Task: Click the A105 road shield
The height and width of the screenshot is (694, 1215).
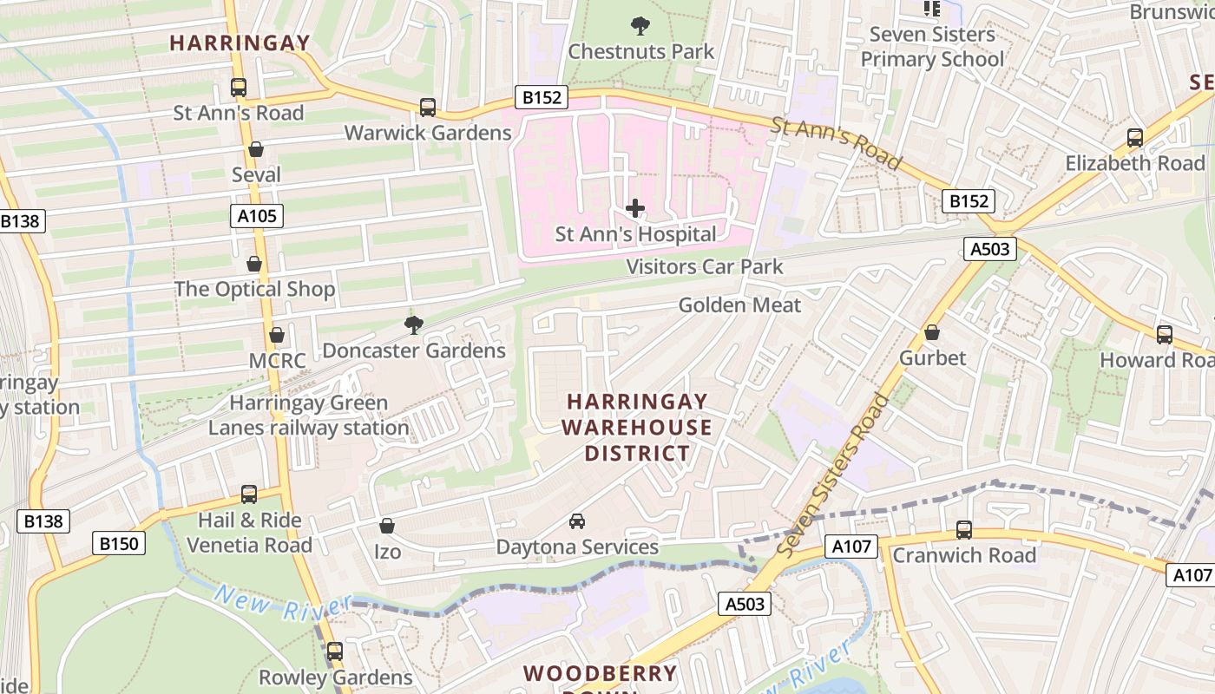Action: coord(258,216)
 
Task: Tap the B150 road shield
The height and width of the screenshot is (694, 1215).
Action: coord(119,544)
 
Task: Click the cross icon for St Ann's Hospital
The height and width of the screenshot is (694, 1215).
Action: coord(635,208)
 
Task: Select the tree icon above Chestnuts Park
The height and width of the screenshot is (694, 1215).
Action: coord(640,26)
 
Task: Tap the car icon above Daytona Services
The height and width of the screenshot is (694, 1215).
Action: coord(576,521)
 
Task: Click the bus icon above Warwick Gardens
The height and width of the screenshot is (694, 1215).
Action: coord(428,108)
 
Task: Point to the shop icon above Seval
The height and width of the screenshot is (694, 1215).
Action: coord(256,149)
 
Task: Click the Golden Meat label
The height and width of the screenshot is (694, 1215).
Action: coord(739,305)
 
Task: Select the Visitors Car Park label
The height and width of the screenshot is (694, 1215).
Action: coord(705,267)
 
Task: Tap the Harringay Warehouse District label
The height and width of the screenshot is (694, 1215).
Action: coord(637,428)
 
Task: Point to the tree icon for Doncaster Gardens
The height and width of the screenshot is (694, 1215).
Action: coord(414,325)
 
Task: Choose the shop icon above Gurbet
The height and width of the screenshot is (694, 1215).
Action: coord(932,332)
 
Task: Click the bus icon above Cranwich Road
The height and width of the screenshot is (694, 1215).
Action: coord(963,530)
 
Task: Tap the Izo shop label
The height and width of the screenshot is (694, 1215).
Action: coord(387,552)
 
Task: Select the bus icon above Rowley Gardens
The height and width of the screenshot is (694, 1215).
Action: coord(335,651)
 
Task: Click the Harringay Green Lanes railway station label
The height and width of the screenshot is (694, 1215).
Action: coord(308,416)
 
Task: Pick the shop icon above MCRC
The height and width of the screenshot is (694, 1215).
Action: coord(277,335)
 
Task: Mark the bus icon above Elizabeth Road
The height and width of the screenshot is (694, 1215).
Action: coord(1134,138)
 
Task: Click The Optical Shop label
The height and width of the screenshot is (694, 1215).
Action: coord(254,290)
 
